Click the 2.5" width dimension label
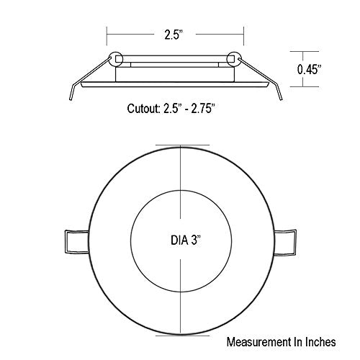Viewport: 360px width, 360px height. pyautogui.click(x=174, y=35)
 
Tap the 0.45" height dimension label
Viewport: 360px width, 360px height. pyautogui.click(x=309, y=70)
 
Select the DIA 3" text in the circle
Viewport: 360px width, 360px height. pyautogui.click(x=186, y=240)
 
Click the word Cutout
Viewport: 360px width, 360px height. pyautogui.click(x=143, y=109)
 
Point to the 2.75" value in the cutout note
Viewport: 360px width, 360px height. pyautogui.click(x=202, y=109)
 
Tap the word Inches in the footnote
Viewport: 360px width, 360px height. pyautogui.click(x=320, y=342)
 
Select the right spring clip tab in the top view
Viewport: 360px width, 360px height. pyautogui.click(x=285, y=242)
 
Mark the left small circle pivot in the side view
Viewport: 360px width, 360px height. pyautogui.click(x=116, y=58)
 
